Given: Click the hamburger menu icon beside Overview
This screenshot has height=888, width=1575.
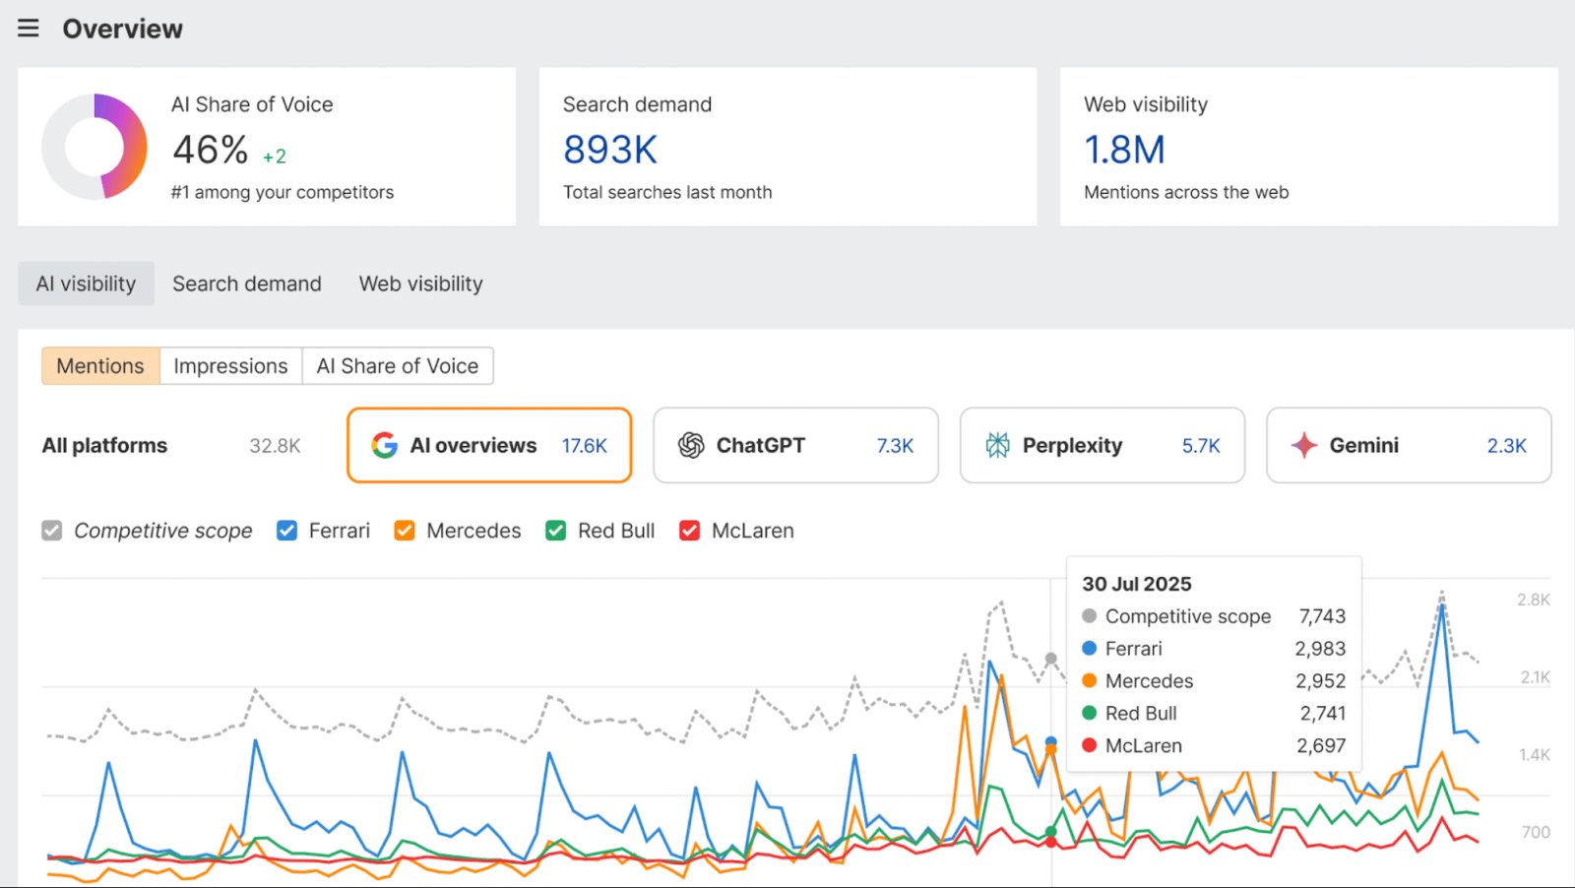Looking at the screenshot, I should (29, 29).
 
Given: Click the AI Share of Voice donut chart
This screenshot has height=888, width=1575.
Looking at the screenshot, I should (94, 147).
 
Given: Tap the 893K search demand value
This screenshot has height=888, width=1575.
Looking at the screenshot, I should (609, 150).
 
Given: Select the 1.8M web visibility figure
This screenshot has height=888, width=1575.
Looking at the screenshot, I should (1124, 150).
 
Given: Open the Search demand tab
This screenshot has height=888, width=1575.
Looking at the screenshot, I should (246, 284).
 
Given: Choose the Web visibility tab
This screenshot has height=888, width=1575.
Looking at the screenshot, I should (420, 284).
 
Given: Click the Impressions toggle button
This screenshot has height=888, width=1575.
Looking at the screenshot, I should (230, 366).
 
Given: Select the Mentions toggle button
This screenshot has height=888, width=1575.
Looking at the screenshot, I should (100, 366).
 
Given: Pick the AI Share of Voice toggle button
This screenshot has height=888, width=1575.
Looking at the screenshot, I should (398, 366).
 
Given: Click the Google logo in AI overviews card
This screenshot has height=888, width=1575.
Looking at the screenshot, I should (384, 446).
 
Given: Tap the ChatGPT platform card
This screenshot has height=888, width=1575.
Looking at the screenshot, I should (795, 446).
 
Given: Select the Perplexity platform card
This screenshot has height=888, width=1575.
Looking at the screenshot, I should (1102, 446).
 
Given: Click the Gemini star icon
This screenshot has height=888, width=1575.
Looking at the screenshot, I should (1304, 446).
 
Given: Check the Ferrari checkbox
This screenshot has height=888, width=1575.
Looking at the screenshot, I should (287, 531).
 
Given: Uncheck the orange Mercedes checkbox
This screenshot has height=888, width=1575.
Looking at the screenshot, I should (405, 531).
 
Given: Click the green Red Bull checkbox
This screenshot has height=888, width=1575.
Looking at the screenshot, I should (556, 531).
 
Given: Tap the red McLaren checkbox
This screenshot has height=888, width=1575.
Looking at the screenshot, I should (690, 531).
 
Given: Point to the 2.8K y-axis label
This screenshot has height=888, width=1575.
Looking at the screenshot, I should (1533, 600).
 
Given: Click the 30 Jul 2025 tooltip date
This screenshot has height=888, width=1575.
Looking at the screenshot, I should (1137, 584).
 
